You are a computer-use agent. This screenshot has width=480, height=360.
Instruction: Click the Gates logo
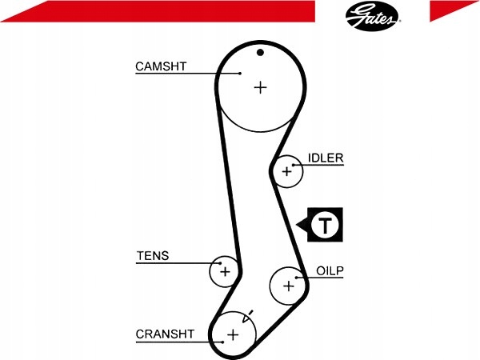pyautogui.click(x=372, y=16)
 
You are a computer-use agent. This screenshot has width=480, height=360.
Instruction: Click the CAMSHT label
pyautogui.click(x=161, y=66)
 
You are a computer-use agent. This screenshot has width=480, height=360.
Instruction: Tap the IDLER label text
pyautogui.click(x=326, y=158)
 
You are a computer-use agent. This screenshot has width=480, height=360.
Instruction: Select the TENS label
pyautogui.click(x=153, y=256)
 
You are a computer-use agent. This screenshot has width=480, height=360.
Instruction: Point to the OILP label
pyautogui.click(x=330, y=271)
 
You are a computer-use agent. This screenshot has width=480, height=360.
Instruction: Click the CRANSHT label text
pyautogui.click(x=165, y=334)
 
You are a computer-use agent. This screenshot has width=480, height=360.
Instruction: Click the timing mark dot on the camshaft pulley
pyautogui.click(x=260, y=53)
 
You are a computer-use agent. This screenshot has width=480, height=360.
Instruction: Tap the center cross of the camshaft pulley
pyautogui.click(x=261, y=88)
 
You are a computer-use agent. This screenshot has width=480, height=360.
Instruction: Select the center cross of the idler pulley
pyautogui.click(x=287, y=171)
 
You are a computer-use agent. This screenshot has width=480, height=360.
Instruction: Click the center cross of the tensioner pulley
pyautogui.click(x=225, y=271)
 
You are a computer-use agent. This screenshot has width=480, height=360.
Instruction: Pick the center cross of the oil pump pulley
pyautogui.click(x=288, y=286)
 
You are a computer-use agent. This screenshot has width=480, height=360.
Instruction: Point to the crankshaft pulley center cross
pyautogui.click(x=233, y=334)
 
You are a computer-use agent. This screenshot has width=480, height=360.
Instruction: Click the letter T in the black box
pyautogui.click(x=325, y=225)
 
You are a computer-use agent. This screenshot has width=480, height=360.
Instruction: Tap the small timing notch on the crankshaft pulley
pyautogui.click(x=248, y=317)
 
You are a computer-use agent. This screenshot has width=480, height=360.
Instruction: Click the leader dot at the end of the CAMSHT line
pyautogui.click(x=240, y=74)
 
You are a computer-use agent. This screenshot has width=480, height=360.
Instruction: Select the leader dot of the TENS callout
pyautogui.click(x=220, y=263)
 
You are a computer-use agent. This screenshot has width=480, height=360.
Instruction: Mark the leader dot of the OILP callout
pyautogui.click(x=296, y=278)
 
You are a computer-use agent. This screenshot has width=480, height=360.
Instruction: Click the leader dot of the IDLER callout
pyautogui.click(x=294, y=166)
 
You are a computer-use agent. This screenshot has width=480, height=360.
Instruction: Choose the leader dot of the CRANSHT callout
pyautogui.click(x=222, y=342)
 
